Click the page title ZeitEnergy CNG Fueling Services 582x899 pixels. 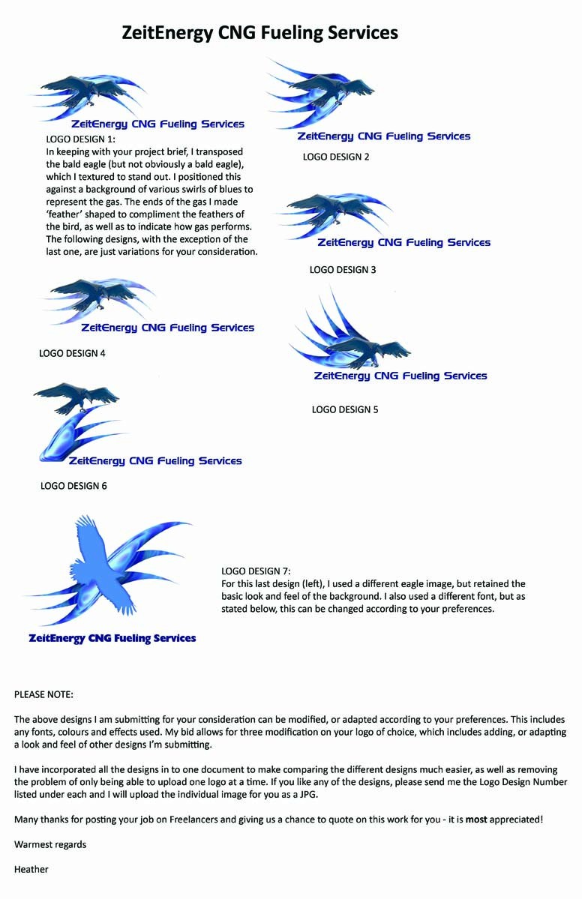[x=259, y=33]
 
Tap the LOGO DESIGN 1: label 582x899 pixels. [x=81, y=139]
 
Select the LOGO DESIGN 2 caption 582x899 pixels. [x=336, y=157]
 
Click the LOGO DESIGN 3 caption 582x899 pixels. [x=343, y=269]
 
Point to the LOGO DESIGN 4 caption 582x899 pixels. [x=72, y=353]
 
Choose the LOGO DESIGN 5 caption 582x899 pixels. [x=345, y=409]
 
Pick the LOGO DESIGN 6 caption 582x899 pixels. [x=73, y=486]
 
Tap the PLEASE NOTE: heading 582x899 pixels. [x=44, y=694]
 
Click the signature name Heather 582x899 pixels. [x=31, y=869]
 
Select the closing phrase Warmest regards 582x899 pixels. [x=50, y=844]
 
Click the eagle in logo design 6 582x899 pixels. [x=76, y=397]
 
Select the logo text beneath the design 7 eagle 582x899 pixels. [x=112, y=639]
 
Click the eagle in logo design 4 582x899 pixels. [x=93, y=292]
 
